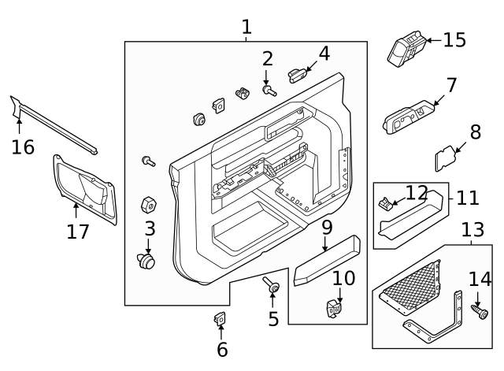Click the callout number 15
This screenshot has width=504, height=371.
(454, 39)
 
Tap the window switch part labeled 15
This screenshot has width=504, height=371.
(406, 48)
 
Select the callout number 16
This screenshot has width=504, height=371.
(23, 147)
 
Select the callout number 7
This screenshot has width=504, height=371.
(451, 84)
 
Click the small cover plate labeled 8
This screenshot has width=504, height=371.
(446, 158)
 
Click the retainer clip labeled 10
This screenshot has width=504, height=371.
(335, 306)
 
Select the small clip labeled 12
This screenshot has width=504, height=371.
(386, 204)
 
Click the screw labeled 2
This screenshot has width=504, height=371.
(270, 91)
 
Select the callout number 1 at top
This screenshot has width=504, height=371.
(246, 28)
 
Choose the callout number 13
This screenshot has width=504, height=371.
(472, 230)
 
